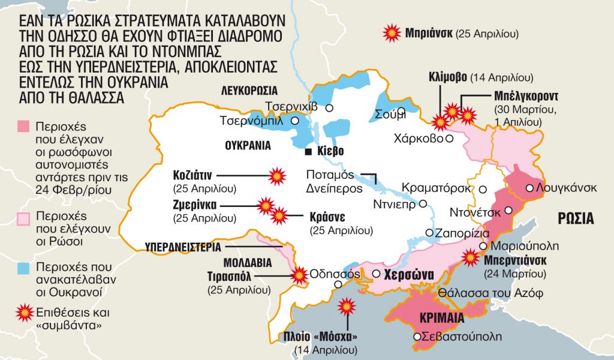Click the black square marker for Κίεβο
(308, 151)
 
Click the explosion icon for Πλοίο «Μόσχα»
(346, 306)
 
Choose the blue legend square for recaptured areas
(23, 267)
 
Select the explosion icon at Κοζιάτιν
(276, 175)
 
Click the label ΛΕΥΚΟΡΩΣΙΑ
(249, 91)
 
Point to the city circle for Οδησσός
(339, 284)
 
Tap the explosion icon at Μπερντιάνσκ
(471, 259)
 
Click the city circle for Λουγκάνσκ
(529, 188)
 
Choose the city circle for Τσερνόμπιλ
(294, 121)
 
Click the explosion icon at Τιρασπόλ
(298, 275)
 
